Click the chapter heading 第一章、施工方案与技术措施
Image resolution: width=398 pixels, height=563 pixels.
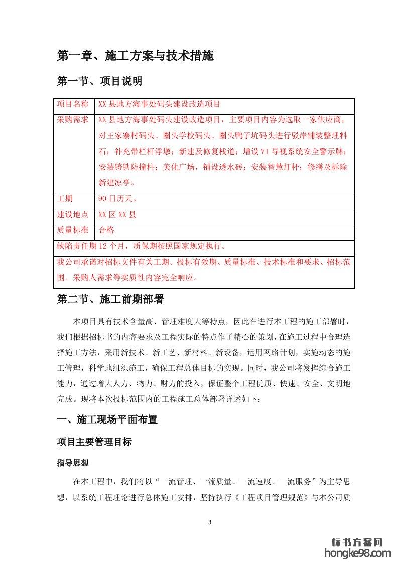pyautogui.click(x=135, y=56)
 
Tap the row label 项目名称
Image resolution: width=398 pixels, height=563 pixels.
pyautogui.click(x=73, y=104)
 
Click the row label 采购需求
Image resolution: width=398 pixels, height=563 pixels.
pyautogui.click(x=73, y=120)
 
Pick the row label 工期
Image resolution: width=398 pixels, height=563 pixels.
pyautogui.click(x=65, y=199)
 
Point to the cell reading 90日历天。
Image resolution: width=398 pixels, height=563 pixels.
pyautogui.click(x=117, y=199)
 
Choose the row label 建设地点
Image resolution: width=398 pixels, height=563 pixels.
pyautogui.click(x=73, y=215)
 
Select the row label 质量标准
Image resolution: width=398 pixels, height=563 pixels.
pyautogui.click(x=73, y=230)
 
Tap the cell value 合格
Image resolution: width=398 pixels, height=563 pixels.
pyautogui.click(x=107, y=230)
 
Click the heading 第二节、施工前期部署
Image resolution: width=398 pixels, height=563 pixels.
pyautogui.click(x=110, y=300)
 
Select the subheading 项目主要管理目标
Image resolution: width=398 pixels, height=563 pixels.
pyautogui.click(x=95, y=442)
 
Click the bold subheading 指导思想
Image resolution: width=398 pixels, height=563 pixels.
pyautogui.click(x=73, y=464)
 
